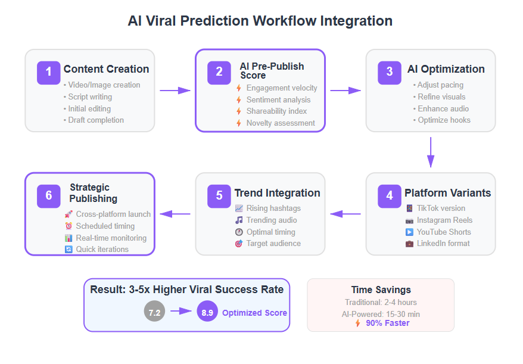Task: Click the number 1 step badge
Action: pos(49,73)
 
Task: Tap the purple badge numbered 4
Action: pos(390,196)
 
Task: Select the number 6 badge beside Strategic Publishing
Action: pos(49,196)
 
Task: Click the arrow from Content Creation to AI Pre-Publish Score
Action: pos(175,91)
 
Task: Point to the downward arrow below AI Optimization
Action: pos(431,152)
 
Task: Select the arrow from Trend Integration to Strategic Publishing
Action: pos(175,214)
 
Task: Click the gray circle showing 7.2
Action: pos(154,312)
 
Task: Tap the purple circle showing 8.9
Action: pos(207,312)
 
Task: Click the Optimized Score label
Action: pos(254,313)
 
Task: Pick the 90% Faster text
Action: pos(388,323)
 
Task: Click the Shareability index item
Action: pos(276,111)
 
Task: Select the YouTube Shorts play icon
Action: pos(409,232)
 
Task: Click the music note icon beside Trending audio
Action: pos(239,220)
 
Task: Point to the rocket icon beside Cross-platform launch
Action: pos(69,214)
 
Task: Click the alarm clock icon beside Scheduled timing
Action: pos(69,226)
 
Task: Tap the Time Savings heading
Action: pos(381,290)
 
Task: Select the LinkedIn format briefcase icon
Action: pos(409,244)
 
